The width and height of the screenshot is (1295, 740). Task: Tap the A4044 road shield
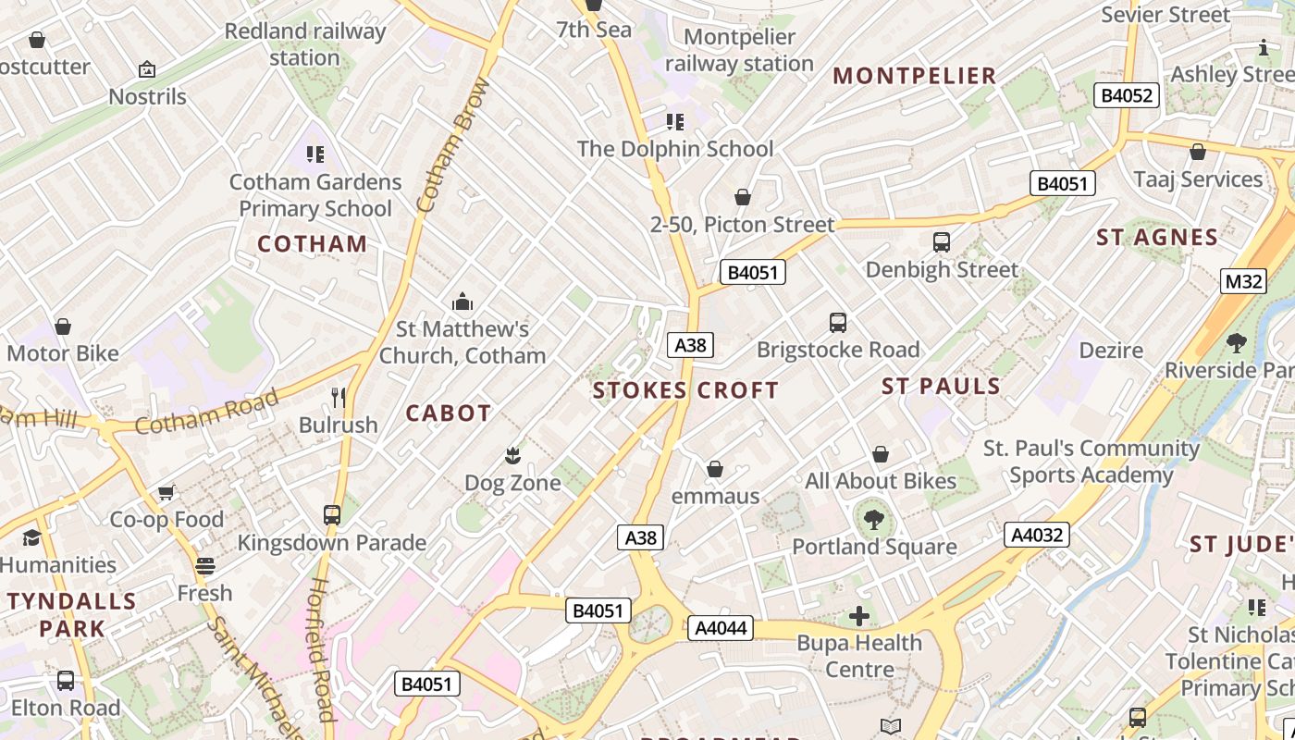tap(720, 628)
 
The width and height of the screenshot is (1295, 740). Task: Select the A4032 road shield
tap(1036, 535)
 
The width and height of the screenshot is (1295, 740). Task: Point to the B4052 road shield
tap(1127, 95)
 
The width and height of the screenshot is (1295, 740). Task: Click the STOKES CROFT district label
tap(685, 390)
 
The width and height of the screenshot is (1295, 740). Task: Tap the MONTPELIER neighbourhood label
tap(915, 76)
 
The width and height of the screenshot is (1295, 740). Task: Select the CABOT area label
tap(449, 413)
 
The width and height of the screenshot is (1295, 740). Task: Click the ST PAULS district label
tap(941, 386)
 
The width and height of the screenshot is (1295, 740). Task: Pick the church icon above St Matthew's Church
tap(462, 302)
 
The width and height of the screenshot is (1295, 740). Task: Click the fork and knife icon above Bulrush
tap(339, 398)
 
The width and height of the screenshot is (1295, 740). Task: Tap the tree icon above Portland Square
tap(873, 520)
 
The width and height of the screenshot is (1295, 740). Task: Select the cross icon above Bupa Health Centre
tap(859, 615)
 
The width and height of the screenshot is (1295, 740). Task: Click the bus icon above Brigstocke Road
tap(838, 323)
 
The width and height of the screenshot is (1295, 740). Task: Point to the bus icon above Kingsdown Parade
tap(331, 515)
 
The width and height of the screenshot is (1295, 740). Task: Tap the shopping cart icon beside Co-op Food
tap(166, 492)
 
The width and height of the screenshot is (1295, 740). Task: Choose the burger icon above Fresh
tap(205, 565)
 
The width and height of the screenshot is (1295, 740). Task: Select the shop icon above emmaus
tap(714, 469)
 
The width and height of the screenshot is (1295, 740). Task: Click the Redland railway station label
tap(304, 44)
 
